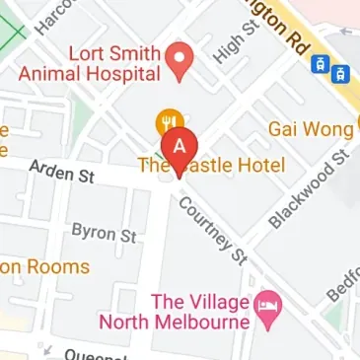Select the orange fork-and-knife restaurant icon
[x=168, y=125]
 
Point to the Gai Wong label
[x=311, y=130]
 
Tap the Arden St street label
[x=61, y=174]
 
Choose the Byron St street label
[x=104, y=235]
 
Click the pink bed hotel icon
[x=267, y=307]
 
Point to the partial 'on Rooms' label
[x=44, y=266]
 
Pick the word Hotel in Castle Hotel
[x=259, y=165]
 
